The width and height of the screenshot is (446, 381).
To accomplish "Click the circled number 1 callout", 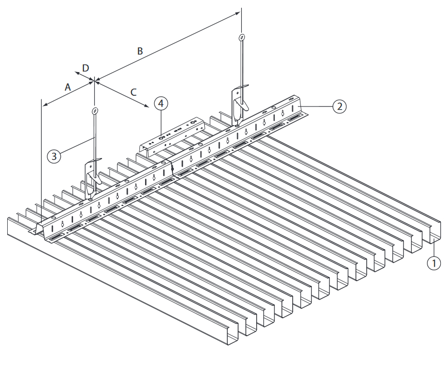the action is (434, 263).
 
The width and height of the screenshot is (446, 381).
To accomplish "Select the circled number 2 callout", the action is (340, 107).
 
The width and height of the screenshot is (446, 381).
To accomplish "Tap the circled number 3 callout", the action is (54, 157).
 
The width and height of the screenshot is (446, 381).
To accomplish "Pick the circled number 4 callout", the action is (161, 103).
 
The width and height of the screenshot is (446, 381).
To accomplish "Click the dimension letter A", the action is (68, 87).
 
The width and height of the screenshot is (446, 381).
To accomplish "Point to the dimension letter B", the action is (139, 51).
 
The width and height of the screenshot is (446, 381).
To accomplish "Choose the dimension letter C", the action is (133, 92).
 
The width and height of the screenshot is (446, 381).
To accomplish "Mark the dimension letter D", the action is (85, 68).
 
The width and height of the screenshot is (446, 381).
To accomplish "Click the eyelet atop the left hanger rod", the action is (95, 110).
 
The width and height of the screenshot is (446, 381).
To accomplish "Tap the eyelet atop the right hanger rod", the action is (242, 37).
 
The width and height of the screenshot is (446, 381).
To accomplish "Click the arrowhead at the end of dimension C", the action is (147, 106).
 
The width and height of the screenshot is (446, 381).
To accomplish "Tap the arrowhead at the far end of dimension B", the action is (238, 13).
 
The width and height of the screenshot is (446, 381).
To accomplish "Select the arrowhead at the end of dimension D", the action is (77, 73).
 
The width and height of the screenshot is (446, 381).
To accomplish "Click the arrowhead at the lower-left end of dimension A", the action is (44, 105).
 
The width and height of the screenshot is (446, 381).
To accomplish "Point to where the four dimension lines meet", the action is (94, 82).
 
